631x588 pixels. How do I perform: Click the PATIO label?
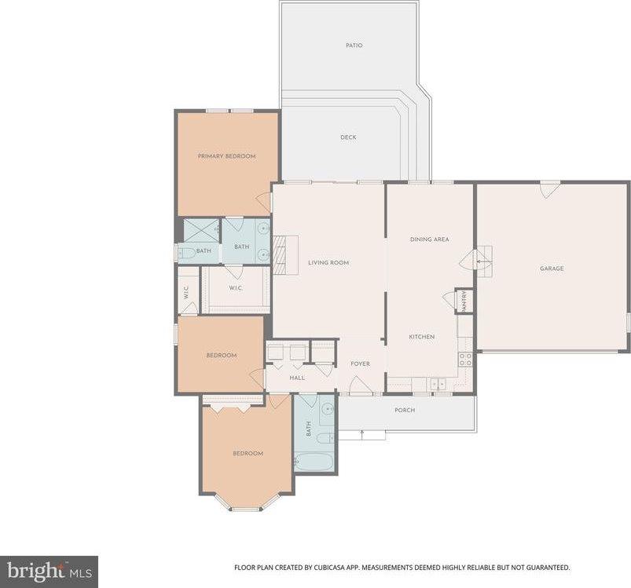click(x=354, y=46)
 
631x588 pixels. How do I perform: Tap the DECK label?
click(x=348, y=137)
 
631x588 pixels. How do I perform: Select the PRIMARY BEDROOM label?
click(x=226, y=156)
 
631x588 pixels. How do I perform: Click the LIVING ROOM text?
click(x=328, y=263)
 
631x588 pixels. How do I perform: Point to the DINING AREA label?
click(x=429, y=239)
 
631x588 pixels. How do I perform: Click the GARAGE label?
click(x=552, y=268)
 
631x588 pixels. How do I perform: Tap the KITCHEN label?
click(x=422, y=337)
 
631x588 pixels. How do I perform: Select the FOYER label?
click(x=360, y=363)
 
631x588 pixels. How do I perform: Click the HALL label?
click(x=297, y=378)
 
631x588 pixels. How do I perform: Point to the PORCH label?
click(x=405, y=410)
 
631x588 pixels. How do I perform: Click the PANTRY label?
click(x=464, y=301)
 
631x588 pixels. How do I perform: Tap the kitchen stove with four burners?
click(x=465, y=360)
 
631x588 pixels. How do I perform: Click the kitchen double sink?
click(x=438, y=384)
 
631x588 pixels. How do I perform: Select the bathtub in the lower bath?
click(x=314, y=462)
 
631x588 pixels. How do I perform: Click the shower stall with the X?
click(x=201, y=231)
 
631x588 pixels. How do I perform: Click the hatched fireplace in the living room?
click(x=279, y=255)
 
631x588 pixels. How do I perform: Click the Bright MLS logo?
click(x=49, y=572)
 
